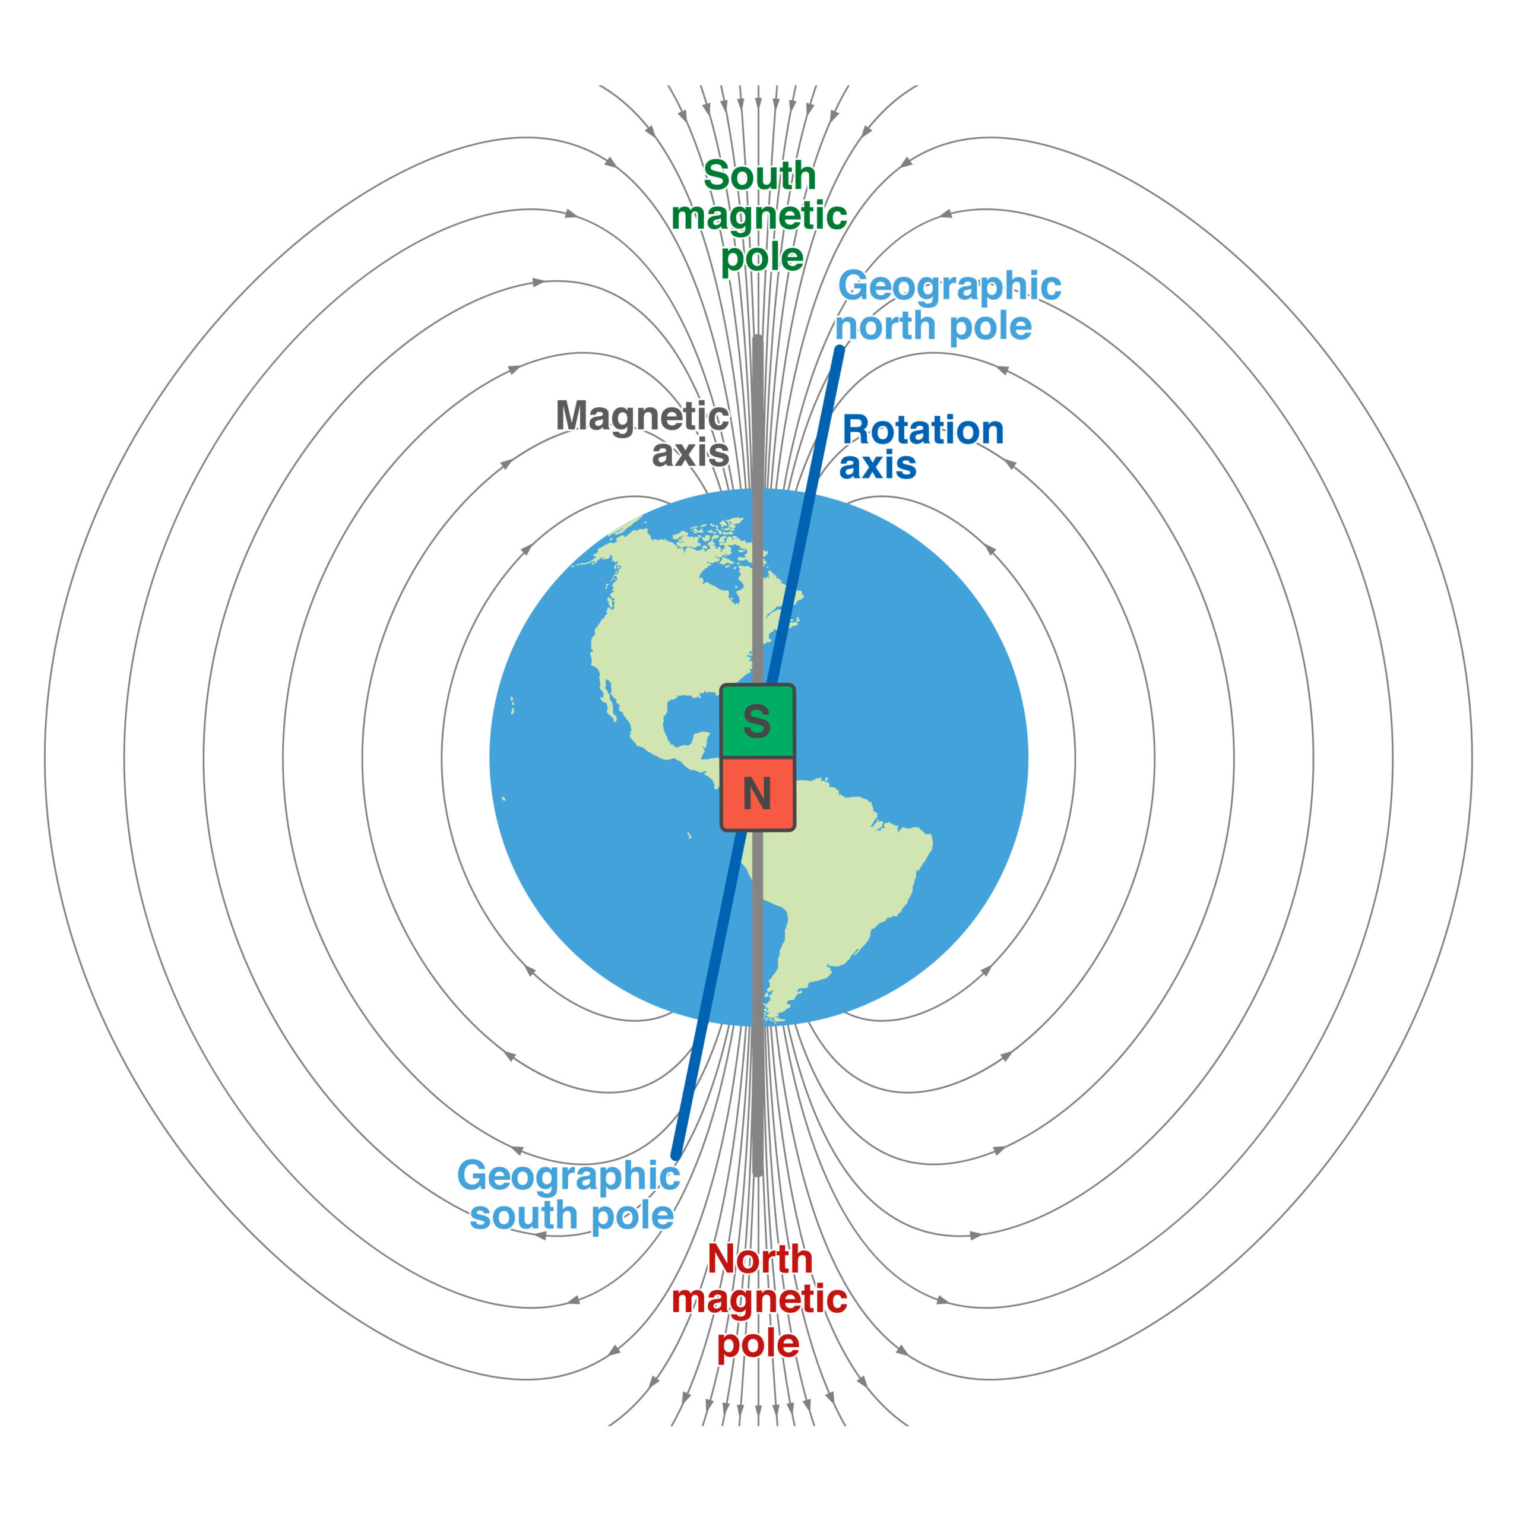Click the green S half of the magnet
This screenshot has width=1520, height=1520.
(x=758, y=721)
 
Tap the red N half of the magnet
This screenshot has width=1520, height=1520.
(x=758, y=794)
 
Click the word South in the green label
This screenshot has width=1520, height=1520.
(x=760, y=175)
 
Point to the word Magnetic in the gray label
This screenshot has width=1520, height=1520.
(x=642, y=417)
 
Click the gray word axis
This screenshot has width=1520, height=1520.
(x=690, y=453)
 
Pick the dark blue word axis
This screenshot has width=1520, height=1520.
(x=877, y=465)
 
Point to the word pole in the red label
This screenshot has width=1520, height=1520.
(x=758, y=1343)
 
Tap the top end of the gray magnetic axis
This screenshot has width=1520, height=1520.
(x=758, y=340)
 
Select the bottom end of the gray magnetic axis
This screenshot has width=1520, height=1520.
(x=758, y=1172)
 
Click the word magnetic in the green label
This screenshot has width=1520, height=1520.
(x=759, y=216)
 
